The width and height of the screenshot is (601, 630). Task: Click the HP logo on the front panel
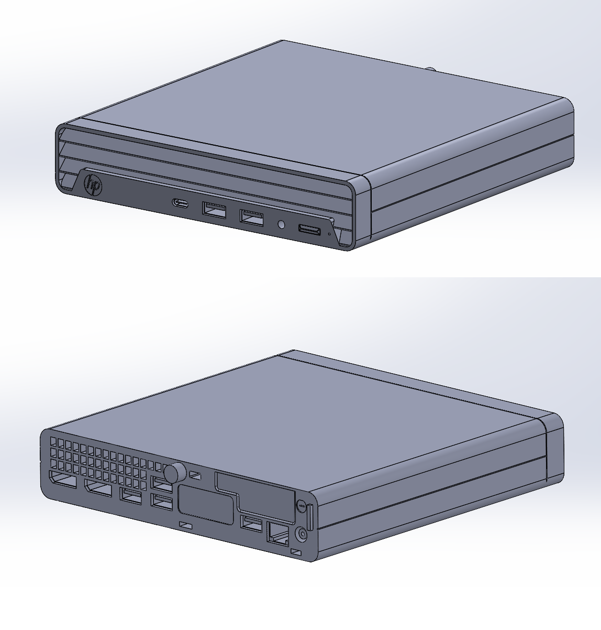point(93,186)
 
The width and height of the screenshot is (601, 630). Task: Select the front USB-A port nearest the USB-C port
point(214,211)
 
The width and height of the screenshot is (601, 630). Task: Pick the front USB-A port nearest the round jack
point(252,217)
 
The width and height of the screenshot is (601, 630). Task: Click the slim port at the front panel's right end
point(309,229)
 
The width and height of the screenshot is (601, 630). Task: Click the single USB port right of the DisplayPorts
point(131,495)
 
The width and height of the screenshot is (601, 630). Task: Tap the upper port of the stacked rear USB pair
point(161,485)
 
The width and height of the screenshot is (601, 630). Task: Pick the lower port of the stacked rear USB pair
point(162,501)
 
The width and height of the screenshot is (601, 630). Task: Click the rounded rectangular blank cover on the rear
point(206,505)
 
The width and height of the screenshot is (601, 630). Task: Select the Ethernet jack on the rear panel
point(277,534)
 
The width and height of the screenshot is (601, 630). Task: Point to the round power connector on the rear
point(302,534)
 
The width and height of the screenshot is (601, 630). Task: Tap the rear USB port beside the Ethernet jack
point(252,524)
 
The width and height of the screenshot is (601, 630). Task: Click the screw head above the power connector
point(301,506)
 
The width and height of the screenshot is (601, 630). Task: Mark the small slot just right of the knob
point(195,475)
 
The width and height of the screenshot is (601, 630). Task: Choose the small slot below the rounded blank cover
point(186,525)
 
